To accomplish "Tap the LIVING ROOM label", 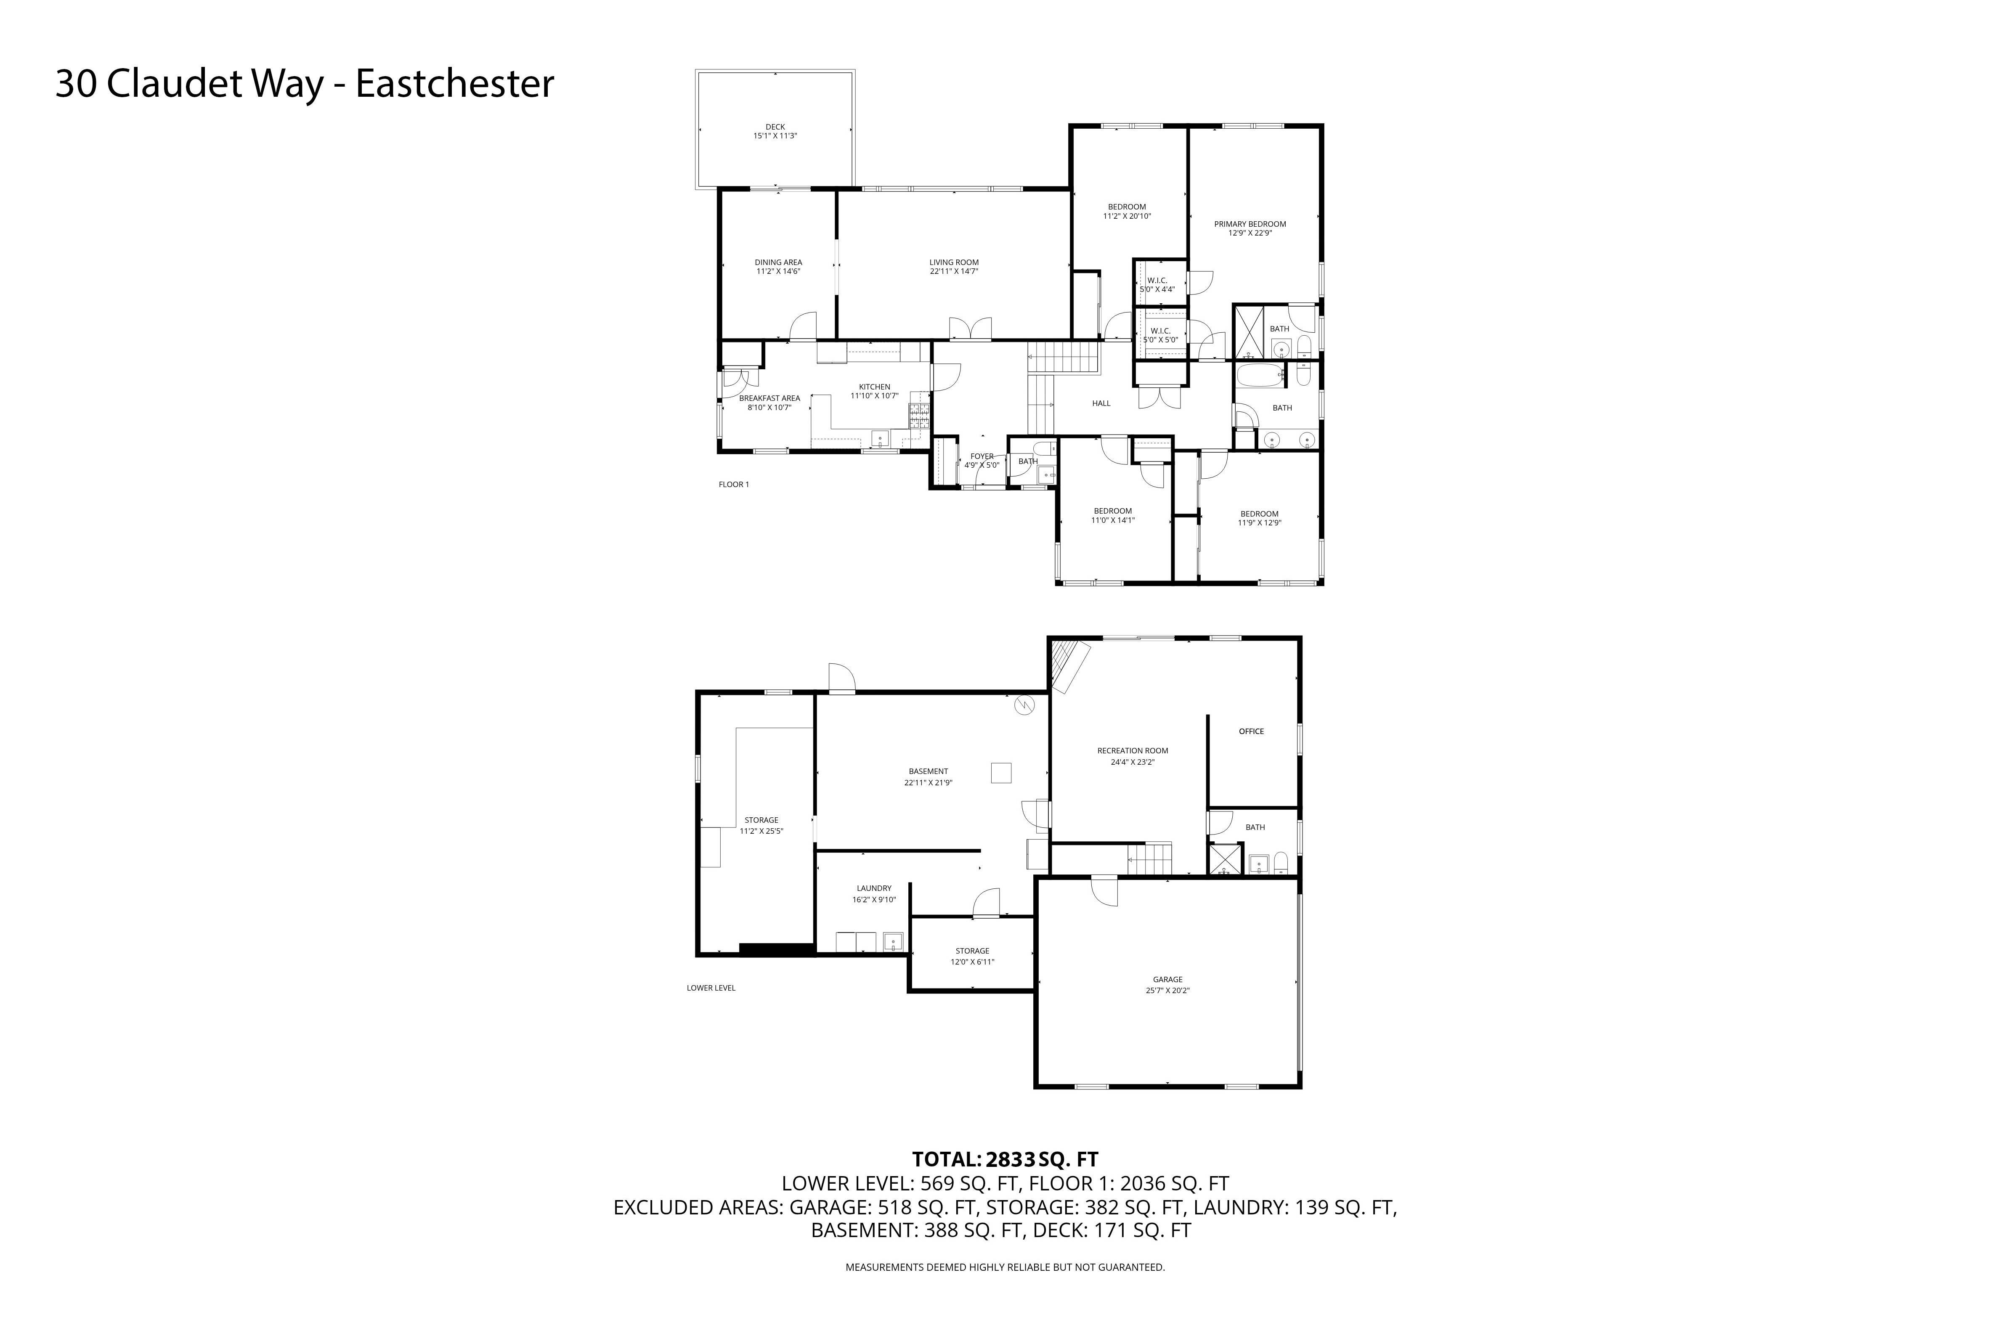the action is [954, 262].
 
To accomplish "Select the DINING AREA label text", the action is [778, 262].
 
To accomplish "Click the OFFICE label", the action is [1252, 731].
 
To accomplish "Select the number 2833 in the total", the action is [1010, 1160].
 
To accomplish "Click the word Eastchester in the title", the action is [455, 84].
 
